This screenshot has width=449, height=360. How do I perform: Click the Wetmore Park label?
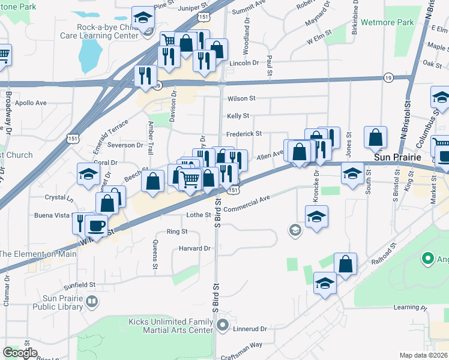pyautogui.click(x=388, y=23)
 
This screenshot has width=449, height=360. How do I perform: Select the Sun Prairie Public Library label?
pyautogui.click(x=62, y=302)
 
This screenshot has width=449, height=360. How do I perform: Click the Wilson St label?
pyautogui.click(x=241, y=98)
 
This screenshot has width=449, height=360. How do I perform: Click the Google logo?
pyautogui.click(x=20, y=352)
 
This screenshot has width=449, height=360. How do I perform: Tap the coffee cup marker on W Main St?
pyautogui.click(x=96, y=226)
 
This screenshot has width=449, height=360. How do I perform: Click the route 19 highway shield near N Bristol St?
pyautogui.click(x=388, y=77)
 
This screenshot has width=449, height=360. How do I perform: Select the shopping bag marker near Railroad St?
pyautogui.click(x=346, y=263)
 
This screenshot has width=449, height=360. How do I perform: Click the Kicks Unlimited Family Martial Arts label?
pyautogui.click(x=171, y=326)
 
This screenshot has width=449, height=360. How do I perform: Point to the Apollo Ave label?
pyautogui.click(x=31, y=103)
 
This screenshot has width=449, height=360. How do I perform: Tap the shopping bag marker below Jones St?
pyautogui.click(x=376, y=139)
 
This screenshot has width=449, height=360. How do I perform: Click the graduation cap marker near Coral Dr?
pyautogui.click(x=89, y=175)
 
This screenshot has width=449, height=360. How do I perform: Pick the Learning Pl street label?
pyautogui.click(x=410, y=308)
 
